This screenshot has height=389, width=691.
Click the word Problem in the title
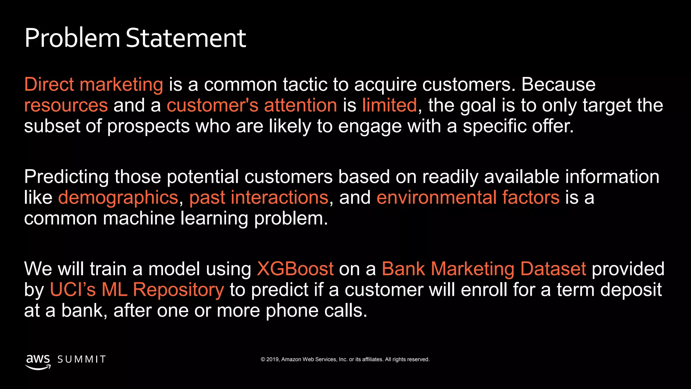[x=72, y=38]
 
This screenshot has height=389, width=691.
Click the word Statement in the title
[x=186, y=38]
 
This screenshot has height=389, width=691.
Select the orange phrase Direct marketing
[x=93, y=84]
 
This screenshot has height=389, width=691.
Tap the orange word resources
[x=66, y=105]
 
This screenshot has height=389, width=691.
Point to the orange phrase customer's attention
[x=252, y=105]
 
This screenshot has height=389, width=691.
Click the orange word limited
[x=389, y=105]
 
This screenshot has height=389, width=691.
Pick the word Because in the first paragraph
[x=558, y=84]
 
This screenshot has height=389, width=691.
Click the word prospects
[x=148, y=126]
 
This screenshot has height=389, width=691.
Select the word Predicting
[x=66, y=177]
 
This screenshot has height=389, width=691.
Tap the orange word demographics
[x=118, y=198]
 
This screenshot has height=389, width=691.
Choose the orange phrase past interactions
[x=258, y=198]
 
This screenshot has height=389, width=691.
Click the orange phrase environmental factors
[x=468, y=198]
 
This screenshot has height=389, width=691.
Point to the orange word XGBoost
[x=295, y=269]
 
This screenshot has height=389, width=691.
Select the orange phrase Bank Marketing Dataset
[x=484, y=269]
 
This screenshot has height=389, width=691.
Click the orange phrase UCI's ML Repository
[x=137, y=290]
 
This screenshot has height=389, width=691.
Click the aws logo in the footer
[x=38, y=361]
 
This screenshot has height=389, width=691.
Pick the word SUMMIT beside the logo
[x=82, y=359]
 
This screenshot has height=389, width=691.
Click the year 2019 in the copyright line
[x=272, y=359]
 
